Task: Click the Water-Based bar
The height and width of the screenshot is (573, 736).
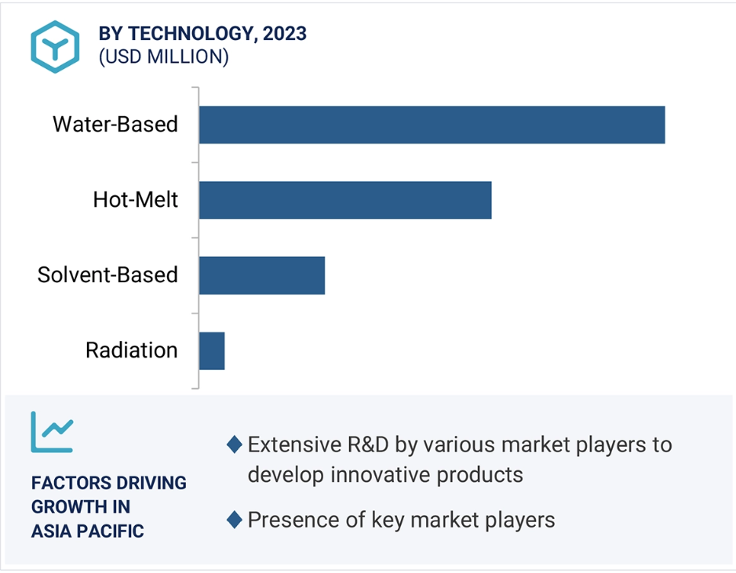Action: (x=432, y=125)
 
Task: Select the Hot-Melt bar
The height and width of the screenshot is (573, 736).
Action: (x=345, y=200)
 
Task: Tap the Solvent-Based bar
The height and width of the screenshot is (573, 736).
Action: (x=262, y=276)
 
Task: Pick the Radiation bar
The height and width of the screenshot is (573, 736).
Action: (x=212, y=350)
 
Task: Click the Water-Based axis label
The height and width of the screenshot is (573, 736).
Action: (x=115, y=125)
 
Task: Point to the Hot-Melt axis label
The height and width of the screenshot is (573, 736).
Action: (x=136, y=200)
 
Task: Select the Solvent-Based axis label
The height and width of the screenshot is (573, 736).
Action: (x=108, y=275)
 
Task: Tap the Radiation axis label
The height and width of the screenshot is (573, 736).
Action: (x=132, y=350)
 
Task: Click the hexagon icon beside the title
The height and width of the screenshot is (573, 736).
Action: (x=55, y=47)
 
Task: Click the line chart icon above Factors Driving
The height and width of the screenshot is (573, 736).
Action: (x=52, y=432)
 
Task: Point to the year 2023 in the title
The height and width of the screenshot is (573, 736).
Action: (x=285, y=34)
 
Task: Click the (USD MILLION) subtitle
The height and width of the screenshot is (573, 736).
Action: (x=164, y=56)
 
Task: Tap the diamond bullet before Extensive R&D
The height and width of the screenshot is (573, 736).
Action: (x=235, y=444)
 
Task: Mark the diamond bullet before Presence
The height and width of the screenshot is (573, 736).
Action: (x=235, y=520)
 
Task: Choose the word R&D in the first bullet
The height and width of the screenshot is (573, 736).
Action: (x=368, y=444)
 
